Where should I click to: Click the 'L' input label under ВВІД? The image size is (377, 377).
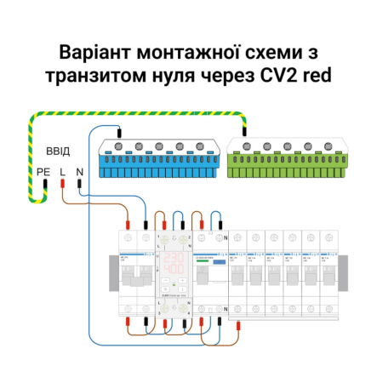click(x=62, y=173)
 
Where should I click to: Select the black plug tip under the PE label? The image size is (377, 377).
click(x=44, y=186)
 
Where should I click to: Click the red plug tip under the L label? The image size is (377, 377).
click(x=62, y=186)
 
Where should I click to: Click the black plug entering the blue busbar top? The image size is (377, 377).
click(x=119, y=132)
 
